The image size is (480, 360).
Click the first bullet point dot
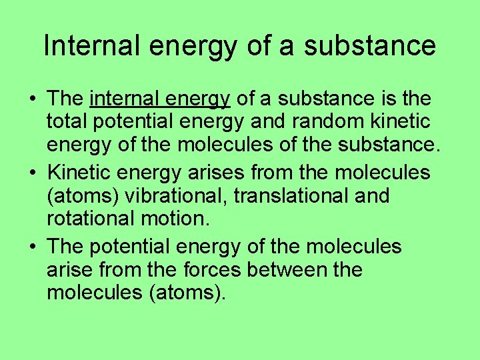click(32, 100)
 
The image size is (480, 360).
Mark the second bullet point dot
click(32, 173)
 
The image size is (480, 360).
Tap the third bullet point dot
click(32, 247)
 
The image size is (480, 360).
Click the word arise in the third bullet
click(69, 270)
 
